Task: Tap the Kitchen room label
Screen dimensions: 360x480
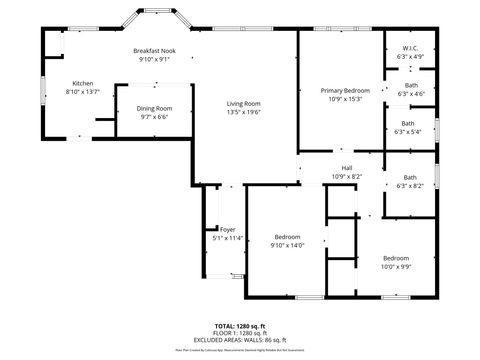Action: (x=82, y=83)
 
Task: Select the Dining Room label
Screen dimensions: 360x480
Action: (x=154, y=108)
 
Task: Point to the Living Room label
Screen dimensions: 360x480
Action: (x=243, y=104)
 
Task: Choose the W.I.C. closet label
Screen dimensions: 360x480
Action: (x=410, y=48)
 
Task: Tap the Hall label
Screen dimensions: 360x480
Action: (x=346, y=167)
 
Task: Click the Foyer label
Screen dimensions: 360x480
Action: (x=228, y=229)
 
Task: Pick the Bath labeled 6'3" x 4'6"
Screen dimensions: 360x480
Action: (x=410, y=85)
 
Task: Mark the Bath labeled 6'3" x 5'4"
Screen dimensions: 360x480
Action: (x=408, y=123)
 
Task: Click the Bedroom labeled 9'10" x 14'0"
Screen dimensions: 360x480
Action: (x=287, y=236)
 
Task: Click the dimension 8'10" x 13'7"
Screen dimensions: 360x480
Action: (x=82, y=92)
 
